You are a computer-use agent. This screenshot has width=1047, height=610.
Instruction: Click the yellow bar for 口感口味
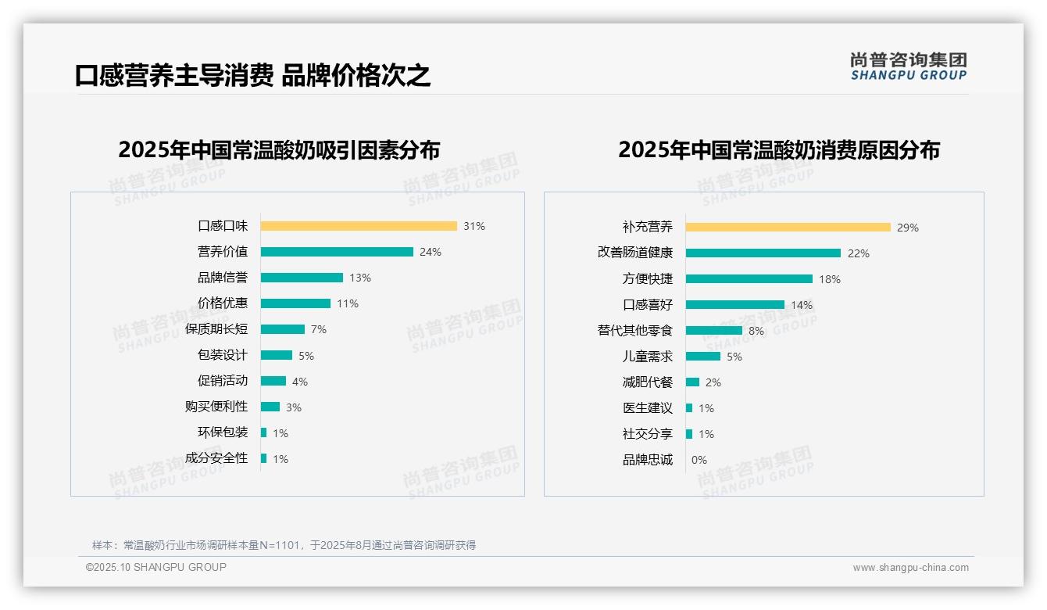coord(359,226)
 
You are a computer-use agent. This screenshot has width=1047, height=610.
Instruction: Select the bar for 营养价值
coord(337,252)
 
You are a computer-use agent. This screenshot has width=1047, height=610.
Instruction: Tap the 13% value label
coord(360,278)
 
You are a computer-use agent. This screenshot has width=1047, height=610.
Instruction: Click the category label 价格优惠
coord(223,303)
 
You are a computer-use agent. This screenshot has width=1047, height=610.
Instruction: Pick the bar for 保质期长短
coord(283,329)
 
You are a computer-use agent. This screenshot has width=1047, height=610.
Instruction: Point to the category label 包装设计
coord(223,355)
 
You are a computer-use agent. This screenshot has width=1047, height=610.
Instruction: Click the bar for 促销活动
coord(273,381)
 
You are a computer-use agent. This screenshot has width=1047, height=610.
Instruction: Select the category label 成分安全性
coord(216,458)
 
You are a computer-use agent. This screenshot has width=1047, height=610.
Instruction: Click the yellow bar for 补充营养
coord(788,228)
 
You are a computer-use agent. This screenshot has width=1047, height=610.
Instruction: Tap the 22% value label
coord(859,253)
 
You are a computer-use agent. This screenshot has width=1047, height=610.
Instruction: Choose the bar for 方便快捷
coord(749,279)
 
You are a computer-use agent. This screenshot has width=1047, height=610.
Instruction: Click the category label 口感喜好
coord(648,305)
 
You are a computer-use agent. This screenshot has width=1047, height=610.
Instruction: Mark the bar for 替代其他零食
coord(714,331)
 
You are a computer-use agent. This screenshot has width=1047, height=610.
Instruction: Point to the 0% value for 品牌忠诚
coord(699,460)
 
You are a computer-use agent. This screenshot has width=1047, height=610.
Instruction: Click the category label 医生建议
coord(648,408)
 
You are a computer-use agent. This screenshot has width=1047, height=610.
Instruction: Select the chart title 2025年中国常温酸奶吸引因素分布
coord(279,150)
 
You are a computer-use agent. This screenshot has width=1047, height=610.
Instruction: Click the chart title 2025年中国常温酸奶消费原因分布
coord(779,150)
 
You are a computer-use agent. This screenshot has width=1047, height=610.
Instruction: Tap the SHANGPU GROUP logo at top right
coord(909,66)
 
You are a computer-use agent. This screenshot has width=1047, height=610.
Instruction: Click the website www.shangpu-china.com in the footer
coord(910,568)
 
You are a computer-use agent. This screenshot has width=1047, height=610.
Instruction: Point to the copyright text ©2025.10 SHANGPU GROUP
coord(156,567)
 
